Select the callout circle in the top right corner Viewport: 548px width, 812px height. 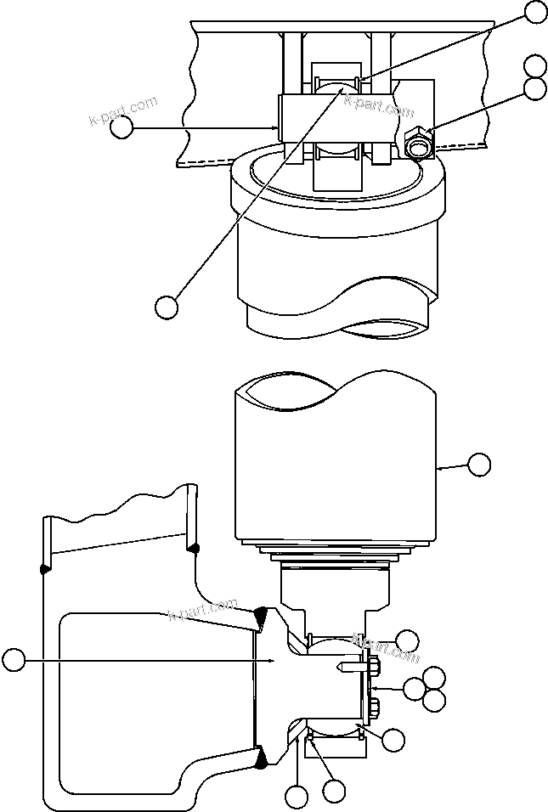[x=535, y=11]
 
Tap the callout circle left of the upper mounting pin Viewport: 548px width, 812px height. [x=121, y=127]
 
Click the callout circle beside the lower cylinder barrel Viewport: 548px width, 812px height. [x=479, y=464]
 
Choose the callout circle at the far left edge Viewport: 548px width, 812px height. [x=13, y=659]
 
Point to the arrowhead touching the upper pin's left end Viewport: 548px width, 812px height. [x=278, y=127]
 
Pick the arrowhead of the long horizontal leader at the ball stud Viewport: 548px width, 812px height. [x=270, y=659]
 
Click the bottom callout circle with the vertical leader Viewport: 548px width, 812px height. [x=296, y=798]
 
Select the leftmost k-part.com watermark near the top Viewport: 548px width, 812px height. [x=123, y=110]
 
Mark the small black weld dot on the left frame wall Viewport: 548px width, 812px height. [x=44, y=567]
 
